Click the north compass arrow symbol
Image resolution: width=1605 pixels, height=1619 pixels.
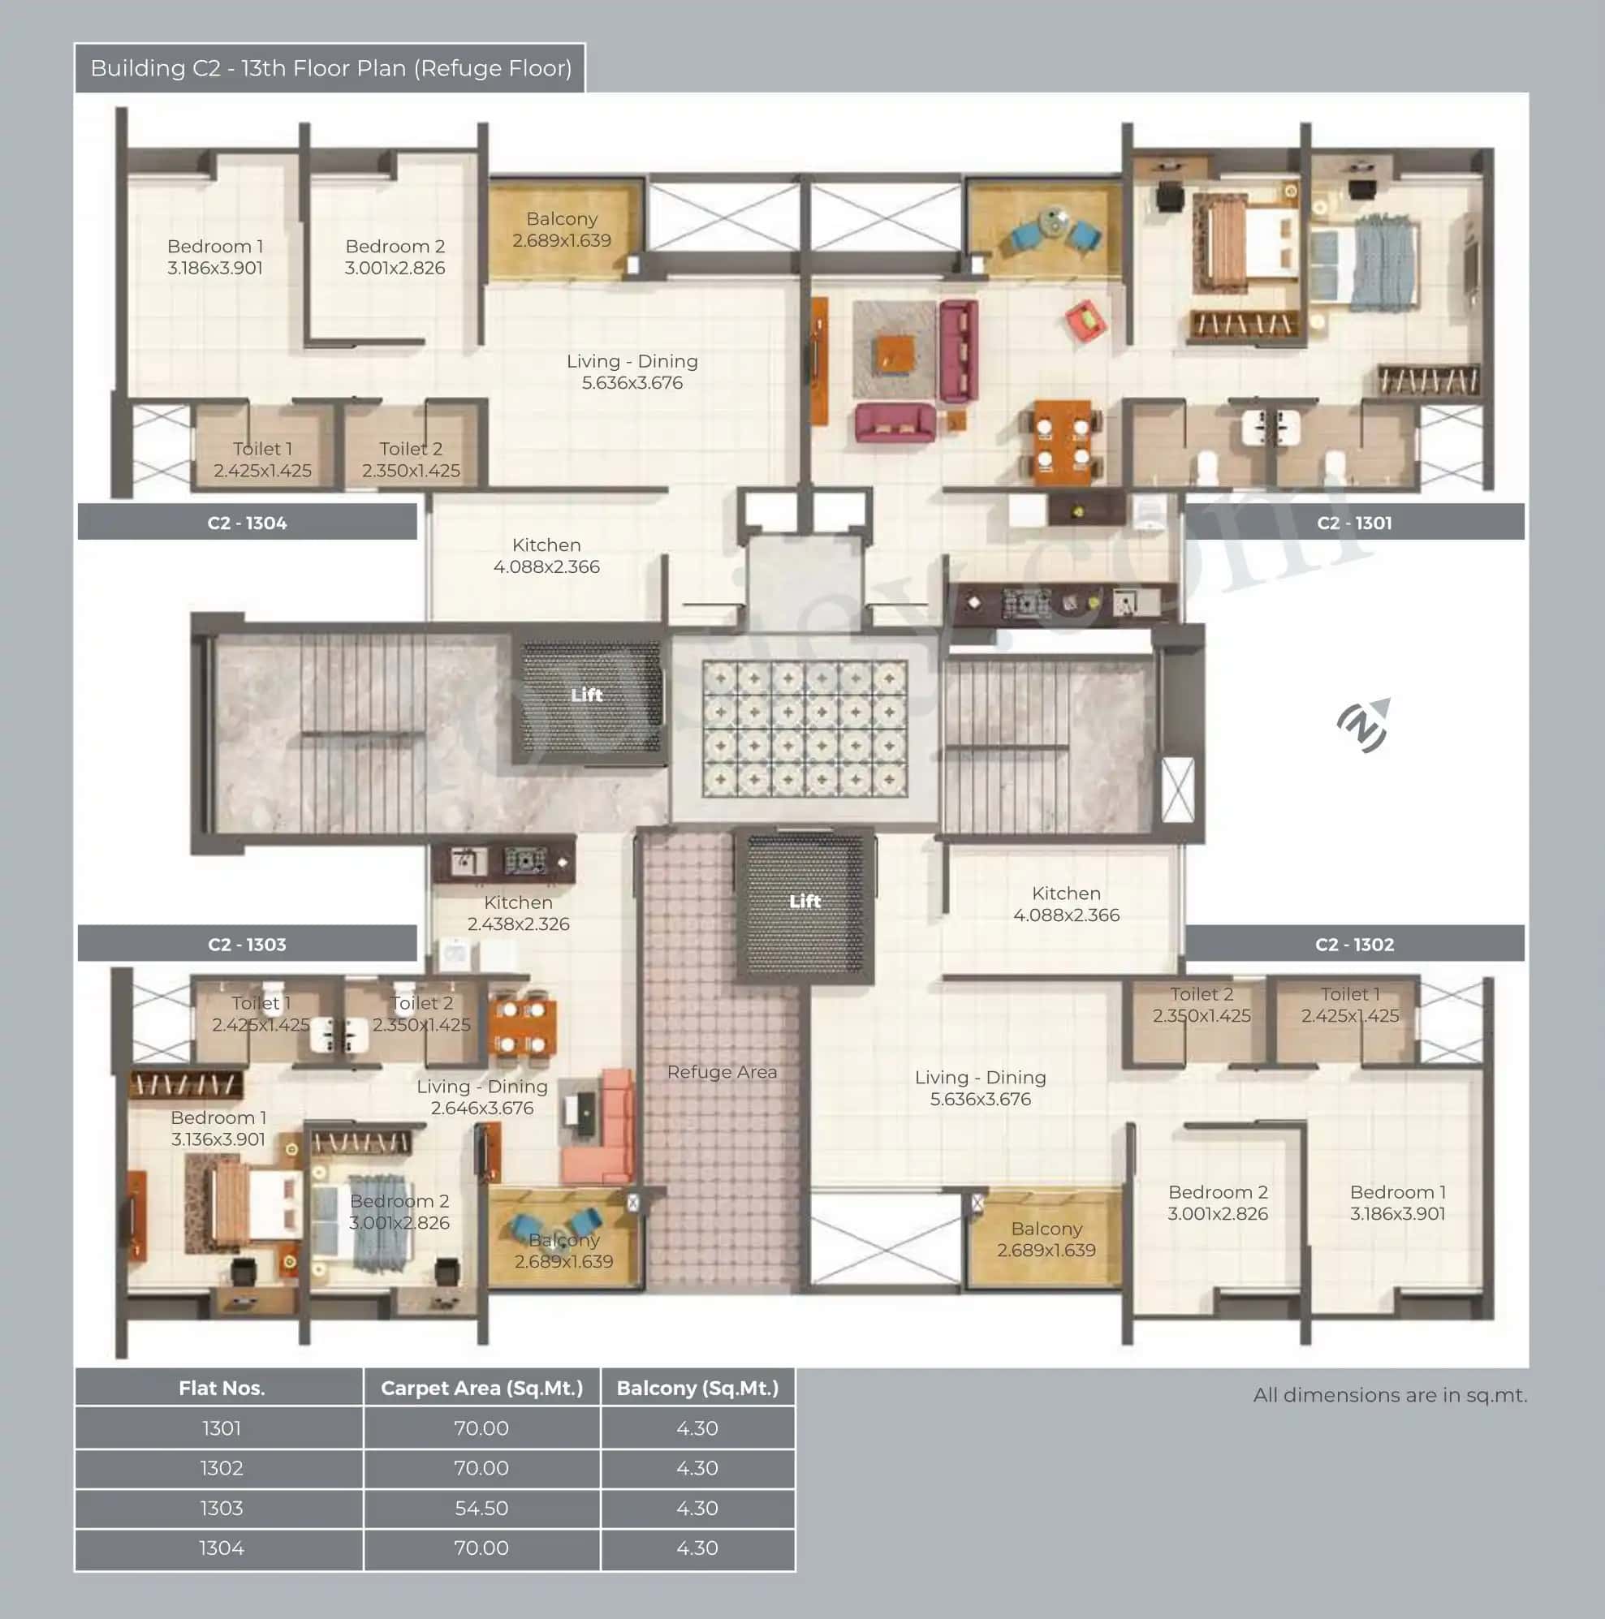click(x=1364, y=725)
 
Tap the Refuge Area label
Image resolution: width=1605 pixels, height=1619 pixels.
click(x=722, y=1072)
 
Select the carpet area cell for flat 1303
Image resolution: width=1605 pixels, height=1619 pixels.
click(x=481, y=1508)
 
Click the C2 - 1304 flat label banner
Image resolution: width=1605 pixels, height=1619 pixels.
click(x=248, y=523)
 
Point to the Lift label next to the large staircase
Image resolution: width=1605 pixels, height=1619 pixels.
click(x=587, y=695)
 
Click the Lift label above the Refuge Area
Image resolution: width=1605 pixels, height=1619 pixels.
click(x=805, y=901)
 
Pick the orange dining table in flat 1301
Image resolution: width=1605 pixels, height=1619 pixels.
click(x=1062, y=441)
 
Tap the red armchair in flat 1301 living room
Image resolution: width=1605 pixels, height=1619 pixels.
click(x=1086, y=321)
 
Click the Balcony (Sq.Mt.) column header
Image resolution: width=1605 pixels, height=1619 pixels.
click(x=697, y=1388)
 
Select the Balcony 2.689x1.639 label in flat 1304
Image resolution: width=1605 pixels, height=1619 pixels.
click(x=562, y=230)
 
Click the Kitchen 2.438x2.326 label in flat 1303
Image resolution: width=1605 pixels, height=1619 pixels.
click(x=518, y=913)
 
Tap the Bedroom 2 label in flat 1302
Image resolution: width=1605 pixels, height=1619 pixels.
click(x=1217, y=1203)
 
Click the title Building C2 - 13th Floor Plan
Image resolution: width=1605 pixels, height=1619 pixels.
click(x=331, y=68)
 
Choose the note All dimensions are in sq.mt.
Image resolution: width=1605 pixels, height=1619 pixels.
click(x=1390, y=1395)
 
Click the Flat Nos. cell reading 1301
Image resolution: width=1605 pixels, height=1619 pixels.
click(x=222, y=1428)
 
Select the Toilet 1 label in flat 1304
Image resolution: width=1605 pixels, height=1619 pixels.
click(x=262, y=459)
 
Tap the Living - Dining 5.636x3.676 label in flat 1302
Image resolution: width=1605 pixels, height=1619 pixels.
click(x=980, y=1087)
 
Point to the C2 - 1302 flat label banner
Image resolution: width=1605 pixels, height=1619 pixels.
click(x=1353, y=945)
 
